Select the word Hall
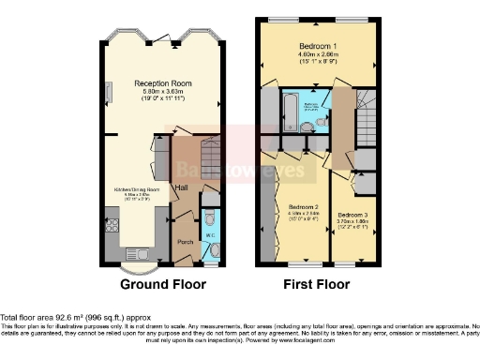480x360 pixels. (181, 188)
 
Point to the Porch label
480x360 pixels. (187, 241)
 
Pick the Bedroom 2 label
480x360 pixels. (303, 206)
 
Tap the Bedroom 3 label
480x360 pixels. (353, 214)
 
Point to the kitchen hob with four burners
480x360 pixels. (112, 225)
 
